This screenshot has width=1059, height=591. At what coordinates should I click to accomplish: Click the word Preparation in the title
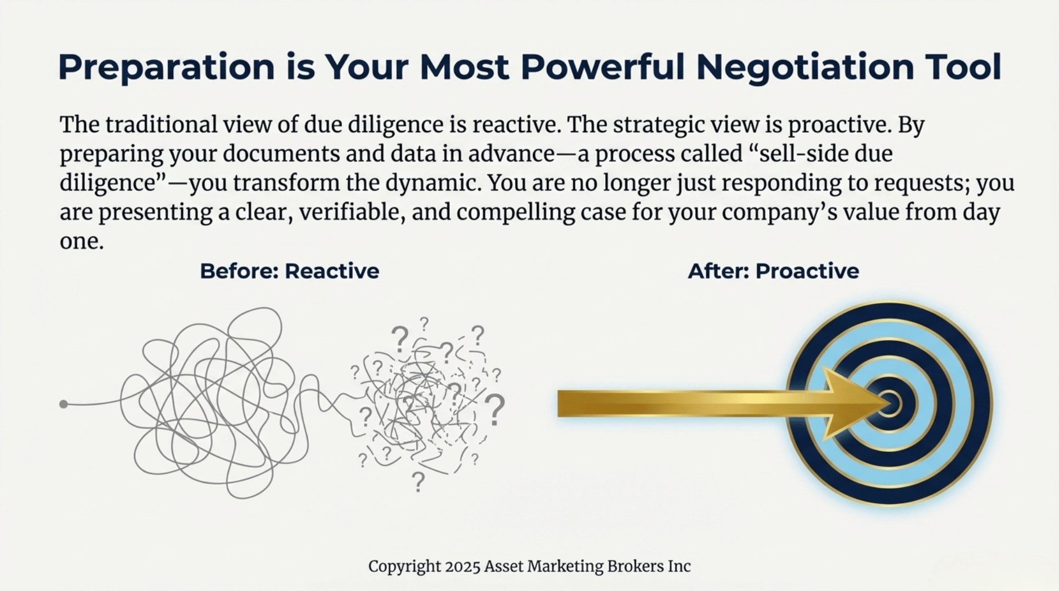tap(166, 67)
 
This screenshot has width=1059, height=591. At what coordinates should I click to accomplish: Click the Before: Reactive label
tap(289, 271)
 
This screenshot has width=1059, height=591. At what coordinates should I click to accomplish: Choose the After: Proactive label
tap(773, 271)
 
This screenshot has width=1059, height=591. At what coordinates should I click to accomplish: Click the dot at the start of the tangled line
tap(64, 404)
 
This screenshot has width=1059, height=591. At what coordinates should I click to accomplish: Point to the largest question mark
tap(495, 410)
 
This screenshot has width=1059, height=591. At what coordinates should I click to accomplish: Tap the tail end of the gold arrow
tap(558, 403)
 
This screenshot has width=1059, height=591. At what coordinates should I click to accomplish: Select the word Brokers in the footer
tap(635, 566)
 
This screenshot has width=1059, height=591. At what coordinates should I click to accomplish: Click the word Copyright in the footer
tap(404, 567)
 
